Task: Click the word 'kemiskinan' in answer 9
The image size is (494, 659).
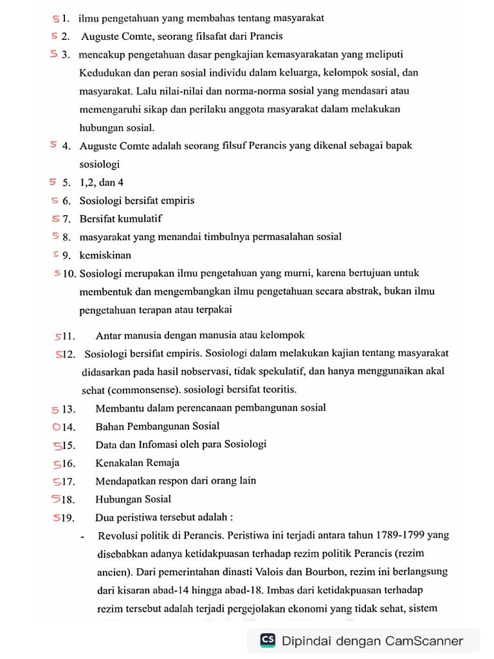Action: pos(105,255)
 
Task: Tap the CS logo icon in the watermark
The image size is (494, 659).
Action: pos(268,640)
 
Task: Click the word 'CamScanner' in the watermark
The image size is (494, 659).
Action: pos(425,640)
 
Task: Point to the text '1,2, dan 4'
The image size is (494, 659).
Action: pos(102,182)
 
